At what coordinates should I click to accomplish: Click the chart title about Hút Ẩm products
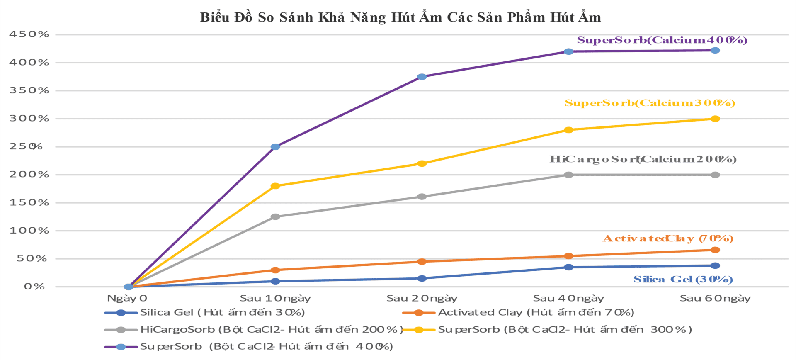[x=400, y=17]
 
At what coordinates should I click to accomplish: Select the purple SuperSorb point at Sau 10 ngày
[x=275, y=147]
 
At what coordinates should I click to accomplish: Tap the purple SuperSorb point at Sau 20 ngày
[x=422, y=77]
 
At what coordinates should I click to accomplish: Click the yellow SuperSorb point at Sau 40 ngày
[x=569, y=130]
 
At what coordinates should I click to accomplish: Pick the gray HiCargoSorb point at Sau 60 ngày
[x=715, y=175]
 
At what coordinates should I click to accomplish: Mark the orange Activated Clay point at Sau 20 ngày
[x=422, y=262]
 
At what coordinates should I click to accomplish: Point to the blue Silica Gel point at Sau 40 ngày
[x=569, y=267]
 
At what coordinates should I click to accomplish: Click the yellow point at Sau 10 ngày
[x=275, y=186]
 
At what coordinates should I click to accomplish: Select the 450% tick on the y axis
[x=29, y=34]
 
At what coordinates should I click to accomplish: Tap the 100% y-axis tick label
[x=29, y=231]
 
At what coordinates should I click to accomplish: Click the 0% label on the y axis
[x=34, y=287]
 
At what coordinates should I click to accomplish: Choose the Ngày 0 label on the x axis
[x=127, y=298]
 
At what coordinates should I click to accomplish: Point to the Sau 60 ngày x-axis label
[x=715, y=298]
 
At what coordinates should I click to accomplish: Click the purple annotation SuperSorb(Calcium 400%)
[x=662, y=40]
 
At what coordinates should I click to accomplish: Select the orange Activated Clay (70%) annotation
[x=668, y=238]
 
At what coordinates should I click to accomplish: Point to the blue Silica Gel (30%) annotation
[x=683, y=280]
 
